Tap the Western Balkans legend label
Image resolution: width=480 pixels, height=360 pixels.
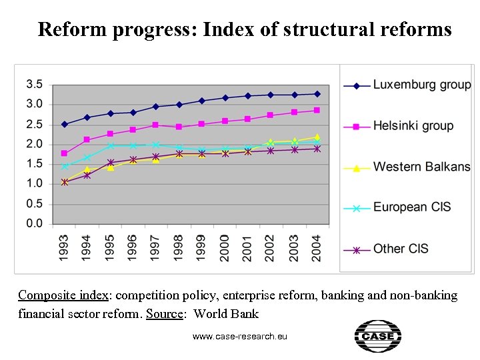[x=421, y=167]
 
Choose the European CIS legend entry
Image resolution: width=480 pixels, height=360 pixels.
[x=412, y=207]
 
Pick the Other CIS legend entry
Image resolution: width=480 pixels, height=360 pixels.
[x=401, y=249]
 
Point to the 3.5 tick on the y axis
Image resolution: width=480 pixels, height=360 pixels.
[x=35, y=84]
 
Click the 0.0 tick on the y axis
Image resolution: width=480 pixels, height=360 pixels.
[x=35, y=223]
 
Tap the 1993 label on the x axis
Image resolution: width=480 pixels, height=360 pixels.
[x=64, y=248]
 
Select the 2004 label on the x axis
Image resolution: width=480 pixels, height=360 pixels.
[x=317, y=248]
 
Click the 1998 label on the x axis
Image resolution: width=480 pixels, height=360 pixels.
[x=179, y=248]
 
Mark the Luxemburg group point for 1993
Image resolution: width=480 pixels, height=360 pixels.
[x=65, y=124]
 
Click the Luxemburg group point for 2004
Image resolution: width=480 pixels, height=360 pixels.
[x=317, y=94]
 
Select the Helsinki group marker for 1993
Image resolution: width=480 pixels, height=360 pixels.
[x=65, y=153]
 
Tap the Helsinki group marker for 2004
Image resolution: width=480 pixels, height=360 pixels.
[x=317, y=110]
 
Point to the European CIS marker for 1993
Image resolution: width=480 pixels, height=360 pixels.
[x=65, y=167]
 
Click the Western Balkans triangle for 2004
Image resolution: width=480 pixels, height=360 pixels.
[x=317, y=137]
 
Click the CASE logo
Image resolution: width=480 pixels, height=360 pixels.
[x=377, y=337]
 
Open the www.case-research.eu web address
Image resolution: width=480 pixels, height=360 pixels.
[x=239, y=337]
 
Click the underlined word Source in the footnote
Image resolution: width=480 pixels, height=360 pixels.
[x=164, y=314]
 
